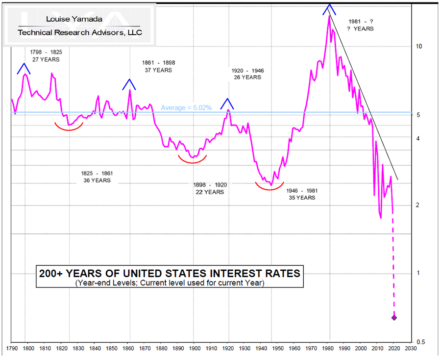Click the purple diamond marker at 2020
click(394, 318)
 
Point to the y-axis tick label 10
click(419, 47)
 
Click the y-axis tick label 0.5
click(421, 342)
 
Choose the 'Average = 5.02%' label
click(186, 107)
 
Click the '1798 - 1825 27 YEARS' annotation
click(46, 55)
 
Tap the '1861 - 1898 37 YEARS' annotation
click(158, 66)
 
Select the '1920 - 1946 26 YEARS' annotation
click(247, 74)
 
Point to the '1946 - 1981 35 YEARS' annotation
click(299, 194)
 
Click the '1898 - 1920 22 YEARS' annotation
click(210, 188)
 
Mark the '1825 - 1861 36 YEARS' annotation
click(97, 177)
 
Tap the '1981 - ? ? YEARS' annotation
click(360, 25)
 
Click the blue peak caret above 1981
click(329, 9)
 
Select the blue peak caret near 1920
click(227, 103)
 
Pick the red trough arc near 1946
click(269, 186)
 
